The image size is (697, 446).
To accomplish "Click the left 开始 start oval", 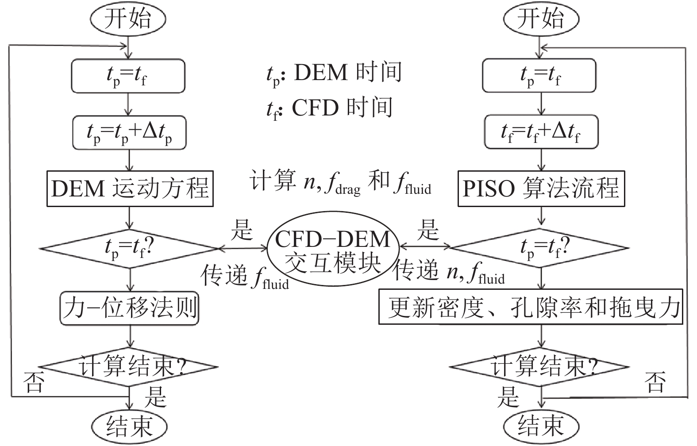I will [x=128, y=19].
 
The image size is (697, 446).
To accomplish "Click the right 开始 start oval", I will [x=541, y=19].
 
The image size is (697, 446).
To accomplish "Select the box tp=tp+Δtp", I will [x=129, y=132].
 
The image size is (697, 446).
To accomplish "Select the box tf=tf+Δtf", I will [x=541, y=132].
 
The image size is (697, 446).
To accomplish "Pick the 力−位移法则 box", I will [x=130, y=308].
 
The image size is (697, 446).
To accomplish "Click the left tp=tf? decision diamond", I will [x=129, y=248].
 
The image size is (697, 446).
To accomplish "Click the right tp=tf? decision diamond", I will [x=540, y=248].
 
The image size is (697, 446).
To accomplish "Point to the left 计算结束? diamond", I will [x=129, y=367].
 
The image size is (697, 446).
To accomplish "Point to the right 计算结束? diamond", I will [x=540, y=367].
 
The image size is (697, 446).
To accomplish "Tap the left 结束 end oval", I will [x=129, y=426].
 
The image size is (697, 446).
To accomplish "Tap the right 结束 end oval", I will [x=541, y=426].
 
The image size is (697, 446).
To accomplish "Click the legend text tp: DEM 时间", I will [x=334, y=73].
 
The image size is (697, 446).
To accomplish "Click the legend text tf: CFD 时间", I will [x=329, y=108].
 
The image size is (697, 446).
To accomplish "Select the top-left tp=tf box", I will [x=128, y=76].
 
